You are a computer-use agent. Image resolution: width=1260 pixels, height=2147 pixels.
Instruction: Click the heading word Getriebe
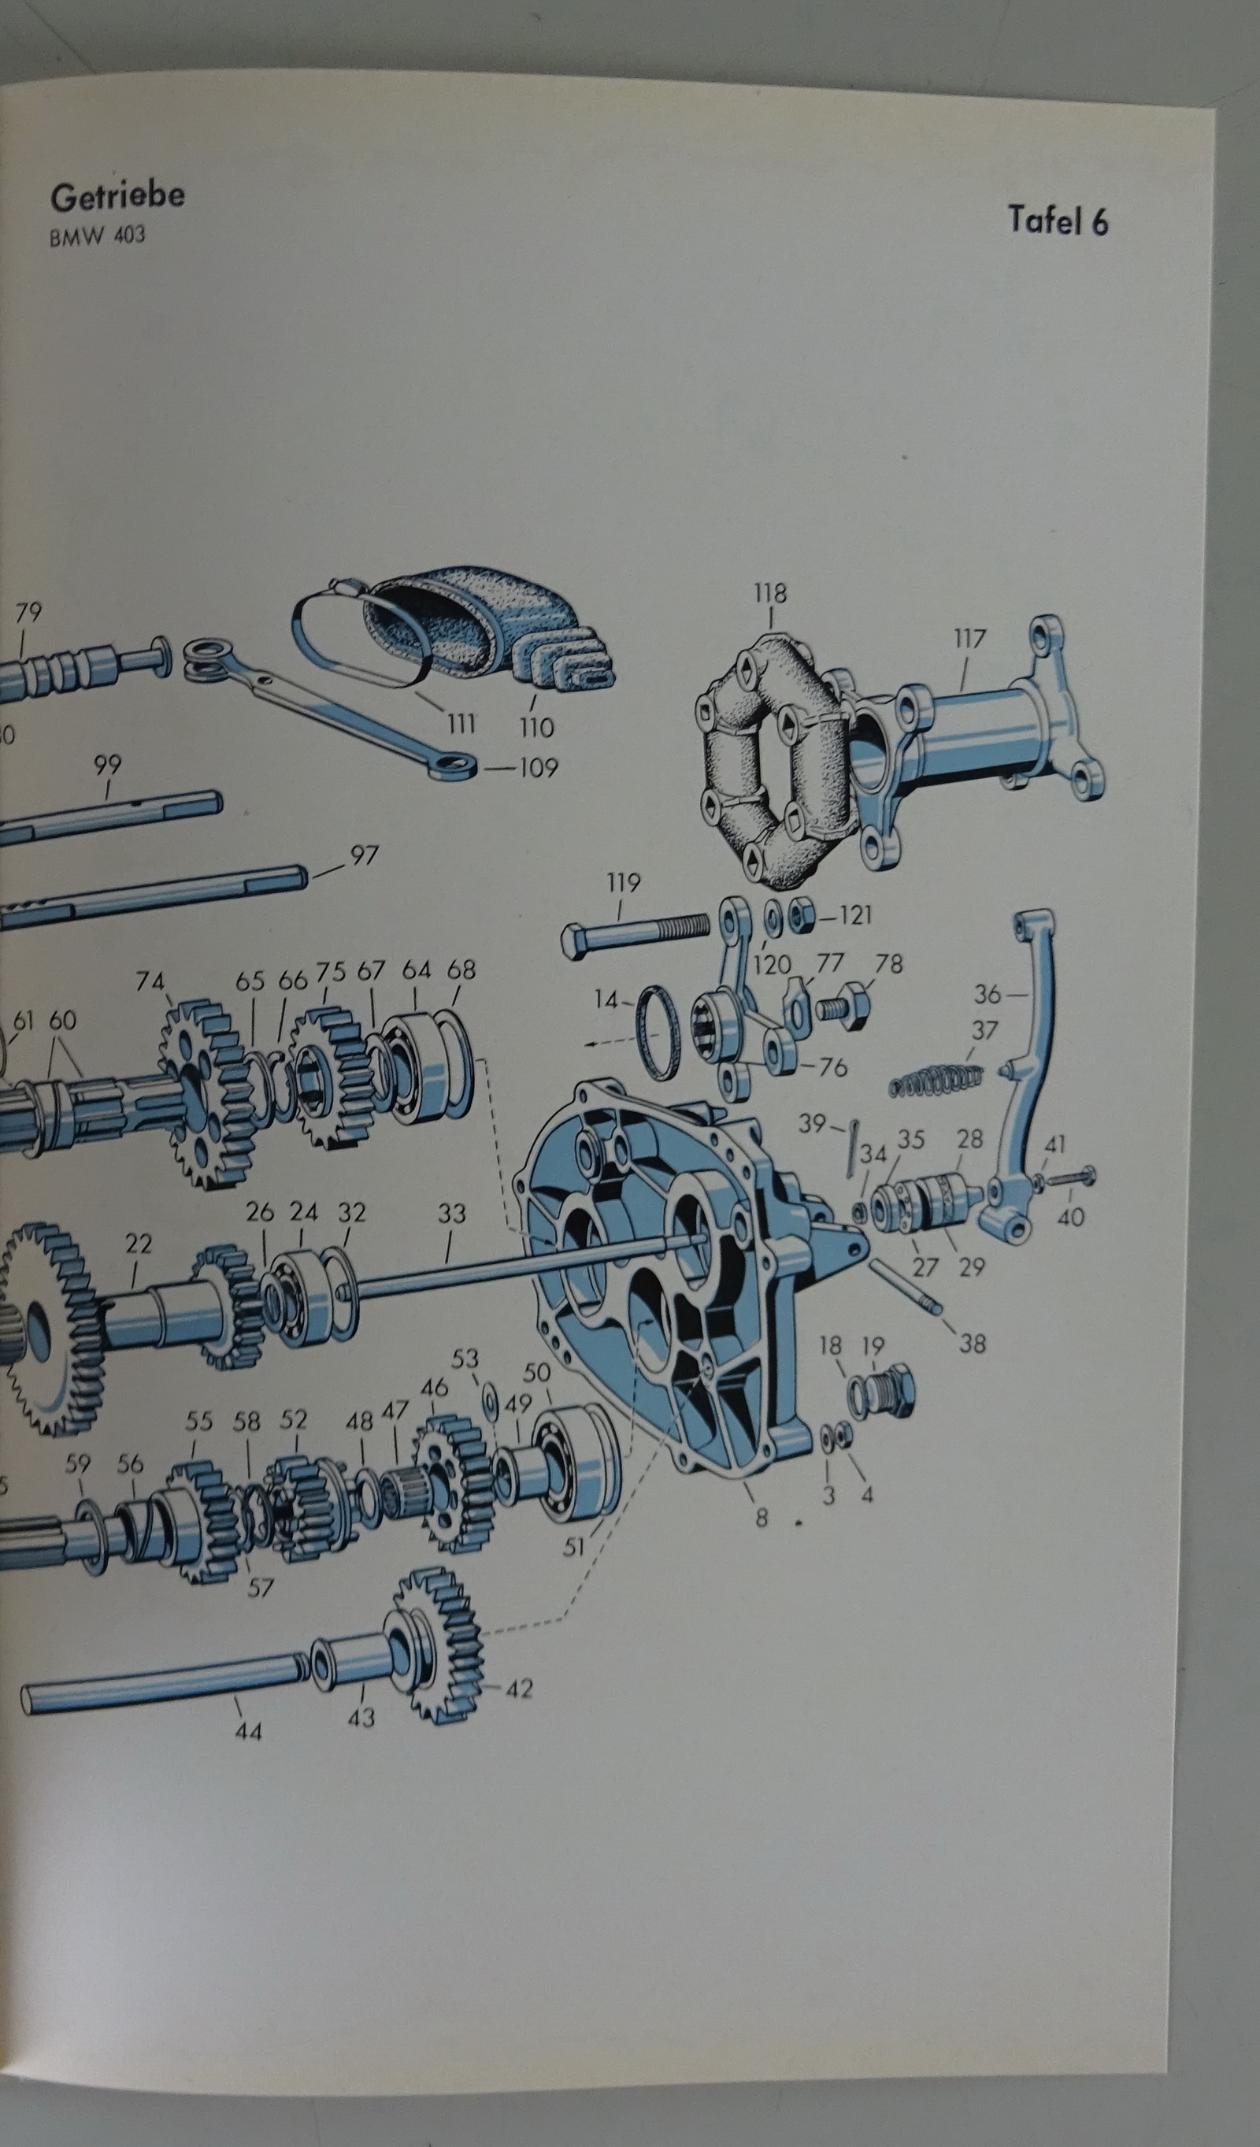117,197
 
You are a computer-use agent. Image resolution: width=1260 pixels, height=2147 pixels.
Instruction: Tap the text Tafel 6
1058,221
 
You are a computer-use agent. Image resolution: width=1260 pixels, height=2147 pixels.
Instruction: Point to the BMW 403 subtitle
97,235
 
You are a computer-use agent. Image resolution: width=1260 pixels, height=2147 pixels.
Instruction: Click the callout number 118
770,593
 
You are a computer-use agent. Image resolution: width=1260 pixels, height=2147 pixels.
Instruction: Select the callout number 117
969,638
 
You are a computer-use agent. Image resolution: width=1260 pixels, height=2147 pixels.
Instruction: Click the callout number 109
538,769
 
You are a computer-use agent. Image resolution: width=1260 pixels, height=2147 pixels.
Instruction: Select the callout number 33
451,1213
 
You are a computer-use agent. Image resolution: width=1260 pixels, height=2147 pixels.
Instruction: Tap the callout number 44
249,1731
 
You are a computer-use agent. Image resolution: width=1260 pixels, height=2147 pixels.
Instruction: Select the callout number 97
364,855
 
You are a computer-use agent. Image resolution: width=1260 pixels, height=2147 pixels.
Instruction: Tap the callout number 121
854,915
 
